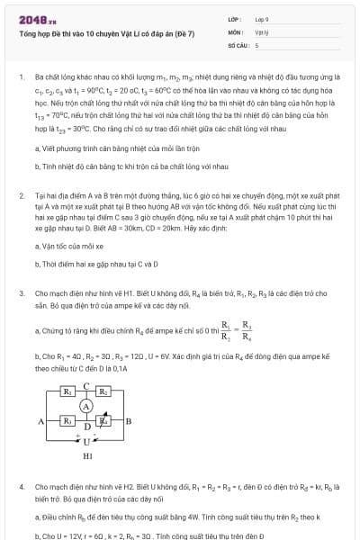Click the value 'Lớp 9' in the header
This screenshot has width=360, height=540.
coord(262,18)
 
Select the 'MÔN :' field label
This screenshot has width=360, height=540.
coord(236,31)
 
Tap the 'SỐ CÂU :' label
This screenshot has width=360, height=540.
coord(238,44)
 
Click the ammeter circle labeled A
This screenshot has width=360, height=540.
coord(86,406)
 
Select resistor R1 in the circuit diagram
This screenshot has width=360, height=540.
coord(67,391)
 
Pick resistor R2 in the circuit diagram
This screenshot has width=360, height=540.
coord(104,391)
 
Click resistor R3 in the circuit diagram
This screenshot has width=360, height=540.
coord(67,420)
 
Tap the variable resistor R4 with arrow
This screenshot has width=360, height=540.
coord(104,420)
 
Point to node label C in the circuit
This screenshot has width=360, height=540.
coord(85,385)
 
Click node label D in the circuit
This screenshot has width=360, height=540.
coord(85,427)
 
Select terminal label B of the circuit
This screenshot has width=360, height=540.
coord(129,420)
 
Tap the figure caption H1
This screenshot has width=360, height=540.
coord(86,456)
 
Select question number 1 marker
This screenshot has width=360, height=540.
coord(21,78)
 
